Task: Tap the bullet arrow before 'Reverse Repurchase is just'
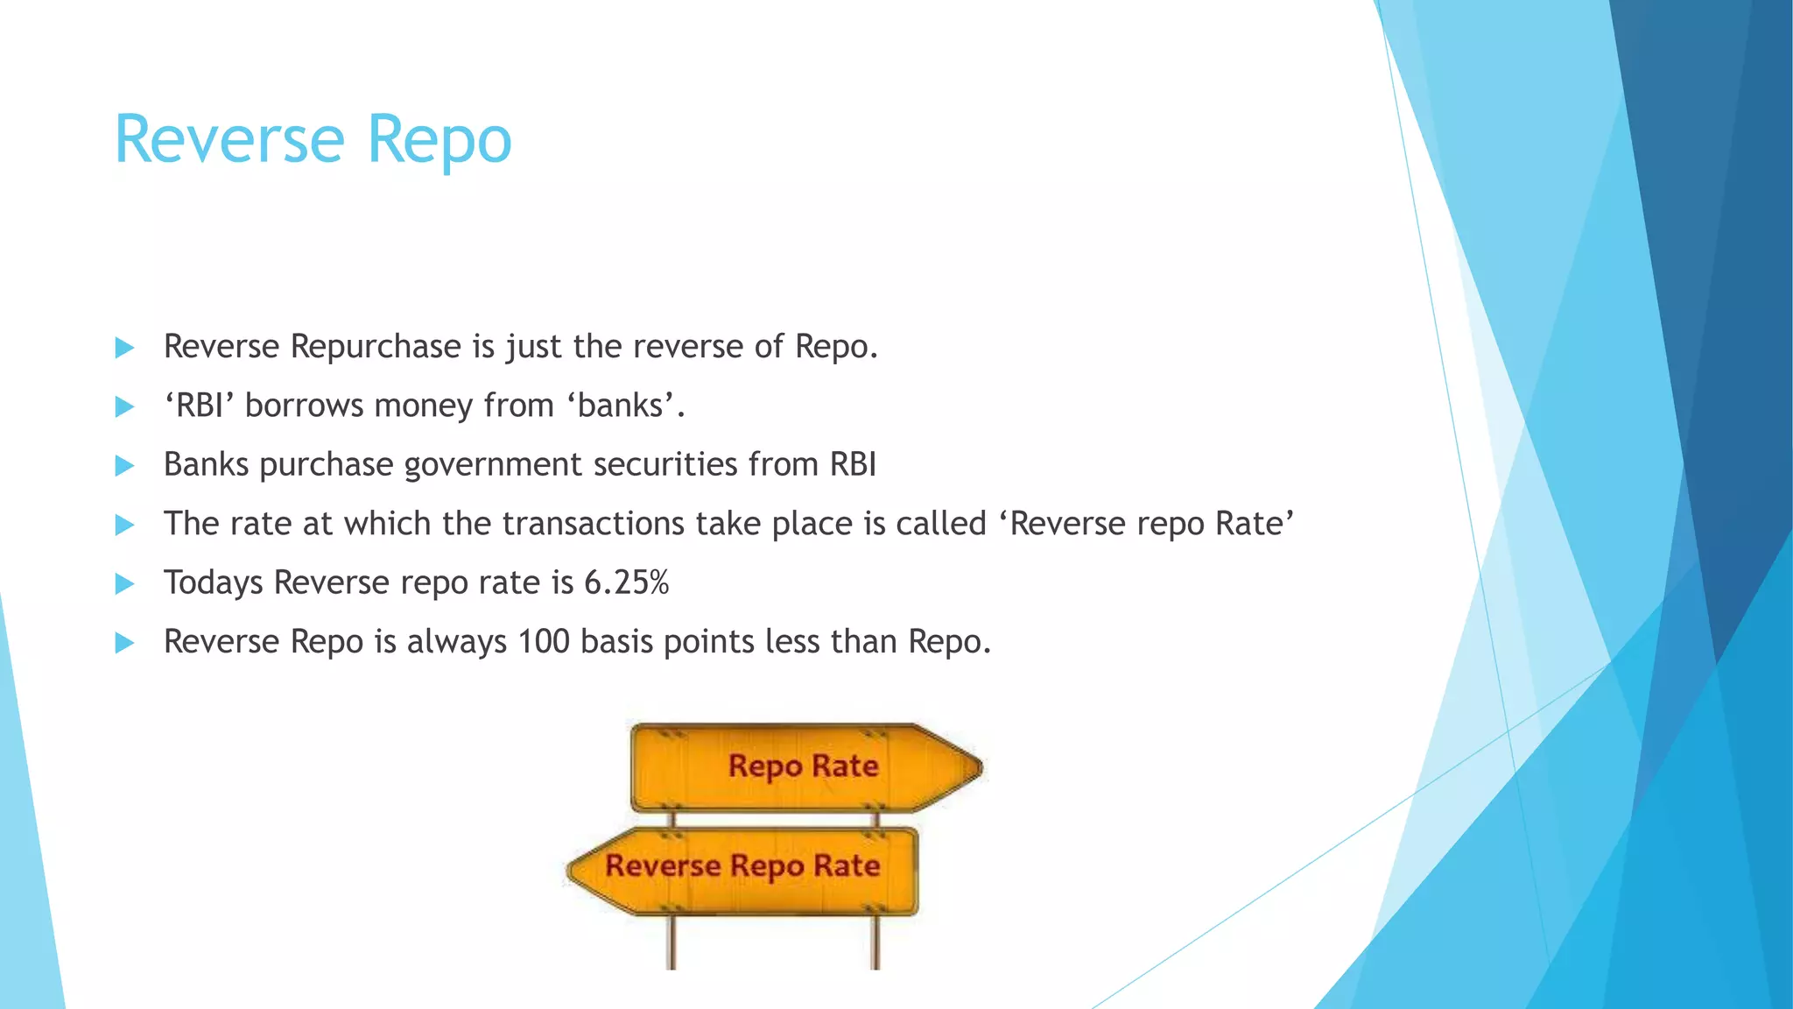tap(124, 348)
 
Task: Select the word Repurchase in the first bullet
tap(376, 348)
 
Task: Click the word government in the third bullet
tap(493, 465)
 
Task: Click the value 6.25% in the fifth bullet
tap(626, 582)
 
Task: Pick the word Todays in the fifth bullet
tap(213, 583)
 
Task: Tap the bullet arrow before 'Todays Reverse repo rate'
tap(124, 584)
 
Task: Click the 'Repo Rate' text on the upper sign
tap(803, 766)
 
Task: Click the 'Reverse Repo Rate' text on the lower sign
tap(742, 866)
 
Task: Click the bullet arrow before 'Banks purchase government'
tap(124, 466)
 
